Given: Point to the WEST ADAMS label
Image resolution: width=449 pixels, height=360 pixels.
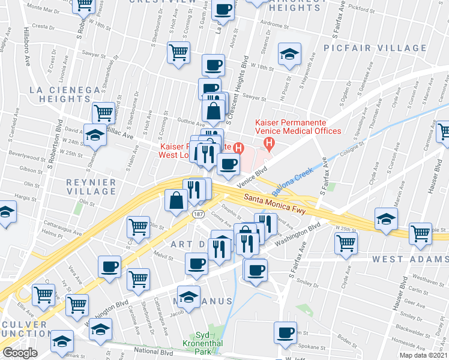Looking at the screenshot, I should [x=409, y=259].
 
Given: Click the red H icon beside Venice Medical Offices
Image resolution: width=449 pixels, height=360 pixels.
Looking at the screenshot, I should [x=269, y=144].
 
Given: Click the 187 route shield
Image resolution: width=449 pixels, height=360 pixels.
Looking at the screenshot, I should [x=197, y=214].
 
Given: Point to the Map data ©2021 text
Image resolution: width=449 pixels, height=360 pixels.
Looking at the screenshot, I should [x=423, y=355].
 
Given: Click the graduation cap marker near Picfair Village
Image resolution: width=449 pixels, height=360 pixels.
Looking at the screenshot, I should [x=289, y=55].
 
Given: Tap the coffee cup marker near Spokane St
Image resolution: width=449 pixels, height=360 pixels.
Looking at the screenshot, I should [x=286, y=332].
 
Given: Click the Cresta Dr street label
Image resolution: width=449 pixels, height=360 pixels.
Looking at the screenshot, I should [x=43, y=27].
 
